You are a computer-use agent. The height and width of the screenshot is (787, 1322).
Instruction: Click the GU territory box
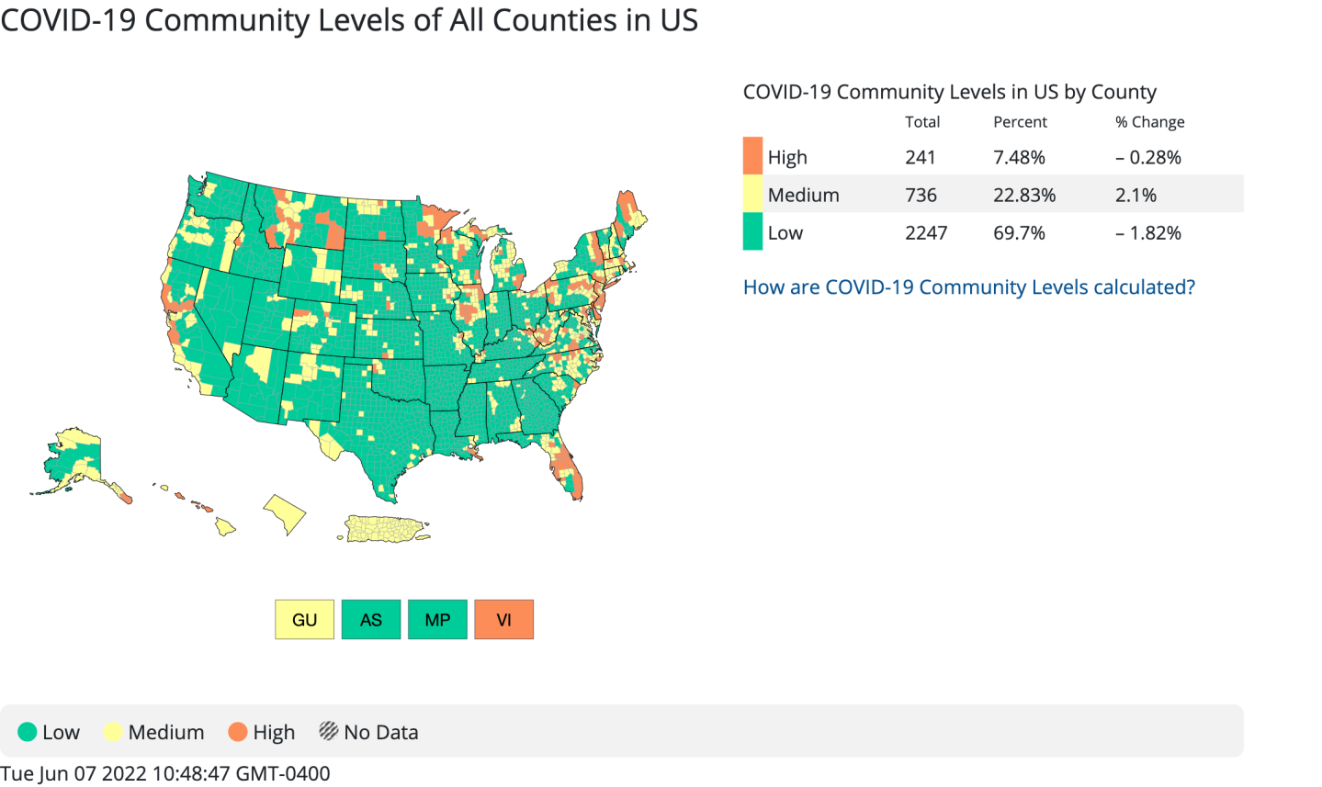tap(304, 620)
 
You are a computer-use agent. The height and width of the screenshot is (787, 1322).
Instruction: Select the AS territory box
tap(371, 620)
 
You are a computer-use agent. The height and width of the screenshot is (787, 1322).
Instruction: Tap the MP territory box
tap(437, 620)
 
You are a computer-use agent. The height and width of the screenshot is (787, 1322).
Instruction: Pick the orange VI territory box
tap(503, 620)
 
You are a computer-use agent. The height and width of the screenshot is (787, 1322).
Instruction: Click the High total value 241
tap(920, 157)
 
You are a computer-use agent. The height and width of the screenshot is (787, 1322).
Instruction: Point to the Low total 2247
tap(925, 232)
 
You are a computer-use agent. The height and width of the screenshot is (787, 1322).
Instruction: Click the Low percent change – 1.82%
tap(1147, 232)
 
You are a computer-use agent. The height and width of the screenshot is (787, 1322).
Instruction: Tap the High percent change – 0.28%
tap(1147, 157)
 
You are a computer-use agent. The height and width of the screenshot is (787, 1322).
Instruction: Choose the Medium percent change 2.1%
tap(1136, 195)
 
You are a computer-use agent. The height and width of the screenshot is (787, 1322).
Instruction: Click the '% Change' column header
tap(1149, 122)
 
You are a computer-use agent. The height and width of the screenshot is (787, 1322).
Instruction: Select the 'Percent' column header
tap(1020, 122)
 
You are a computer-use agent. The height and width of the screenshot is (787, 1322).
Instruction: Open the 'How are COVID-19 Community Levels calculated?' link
tap(968, 287)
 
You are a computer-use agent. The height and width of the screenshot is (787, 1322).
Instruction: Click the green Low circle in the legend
tap(28, 732)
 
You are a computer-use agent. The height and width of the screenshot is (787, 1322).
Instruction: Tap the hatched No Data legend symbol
tap(328, 731)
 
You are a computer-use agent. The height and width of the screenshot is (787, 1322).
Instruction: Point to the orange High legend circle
tap(238, 732)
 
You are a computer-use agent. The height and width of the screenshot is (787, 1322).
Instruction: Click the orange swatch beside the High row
tap(752, 156)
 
